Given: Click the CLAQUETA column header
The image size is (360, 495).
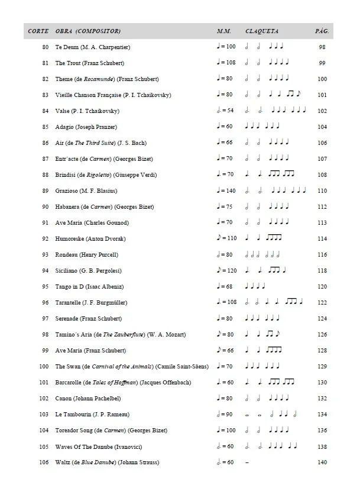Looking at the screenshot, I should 262,31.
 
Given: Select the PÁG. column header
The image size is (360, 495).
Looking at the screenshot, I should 322,31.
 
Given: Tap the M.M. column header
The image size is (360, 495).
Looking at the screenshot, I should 223,31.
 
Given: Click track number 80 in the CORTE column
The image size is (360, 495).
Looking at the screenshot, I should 46,47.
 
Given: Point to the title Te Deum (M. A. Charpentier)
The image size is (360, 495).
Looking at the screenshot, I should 93,47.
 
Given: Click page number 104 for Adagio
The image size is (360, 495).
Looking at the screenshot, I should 322,127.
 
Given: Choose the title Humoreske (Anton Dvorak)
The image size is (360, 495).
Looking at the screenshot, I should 90,239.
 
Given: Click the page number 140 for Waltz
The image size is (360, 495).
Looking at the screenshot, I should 322,462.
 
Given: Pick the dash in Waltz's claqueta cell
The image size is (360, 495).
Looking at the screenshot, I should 247,462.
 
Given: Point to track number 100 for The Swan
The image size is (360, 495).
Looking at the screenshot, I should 44,367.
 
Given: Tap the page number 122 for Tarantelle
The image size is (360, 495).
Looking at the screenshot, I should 322,303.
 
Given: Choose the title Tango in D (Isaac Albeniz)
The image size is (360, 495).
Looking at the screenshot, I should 90,287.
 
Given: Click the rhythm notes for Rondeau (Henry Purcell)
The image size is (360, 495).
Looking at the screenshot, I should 262,255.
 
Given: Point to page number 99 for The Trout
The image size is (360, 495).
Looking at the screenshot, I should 322,63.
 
